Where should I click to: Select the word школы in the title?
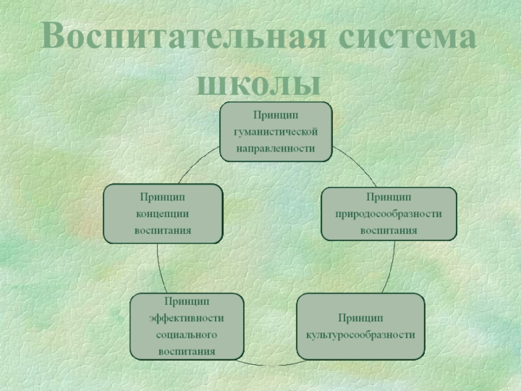click(x=259, y=83)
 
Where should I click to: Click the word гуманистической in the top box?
click(x=276, y=132)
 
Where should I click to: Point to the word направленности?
click(x=276, y=148)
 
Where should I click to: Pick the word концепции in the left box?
click(x=163, y=213)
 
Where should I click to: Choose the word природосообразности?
click(x=389, y=213)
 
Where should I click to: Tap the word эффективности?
click(x=186, y=318)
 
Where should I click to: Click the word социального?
click(x=186, y=335)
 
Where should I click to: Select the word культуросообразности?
click(x=360, y=335)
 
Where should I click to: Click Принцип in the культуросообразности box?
click(x=360, y=318)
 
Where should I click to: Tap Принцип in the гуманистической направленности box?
click(x=276, y=115)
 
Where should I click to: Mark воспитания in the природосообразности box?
click(x=389, y=230)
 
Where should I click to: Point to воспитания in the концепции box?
click(x=163, y=230)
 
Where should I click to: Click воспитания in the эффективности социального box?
click(x=186, y=352)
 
